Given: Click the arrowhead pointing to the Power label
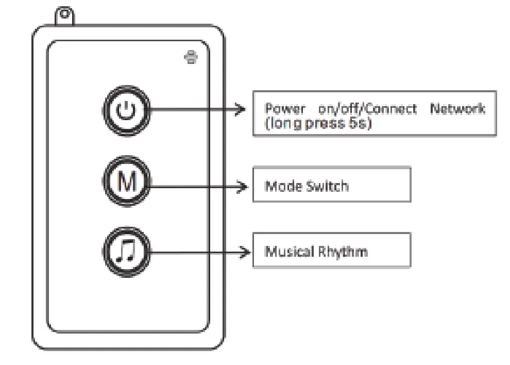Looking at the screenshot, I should coord(239,109).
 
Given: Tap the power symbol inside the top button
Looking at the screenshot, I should coord(126,110).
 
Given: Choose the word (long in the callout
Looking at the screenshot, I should coord(284,124).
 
